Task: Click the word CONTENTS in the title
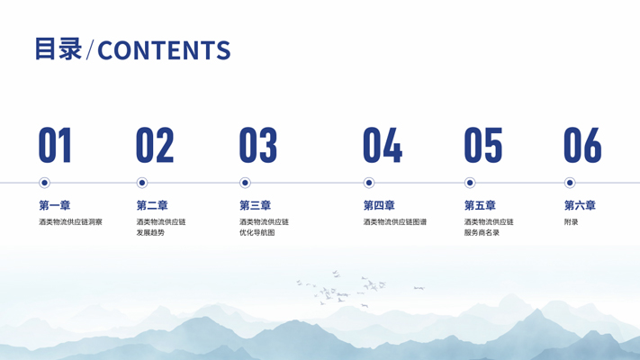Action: coord(164,50)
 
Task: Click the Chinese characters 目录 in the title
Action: coord(59,49)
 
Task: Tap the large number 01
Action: coord(55,145)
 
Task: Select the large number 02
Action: coord(155,145)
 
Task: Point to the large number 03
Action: coord(258,145)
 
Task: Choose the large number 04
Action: coord(383,145)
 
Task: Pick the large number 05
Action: coord(483,145)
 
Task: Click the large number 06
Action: coord(582,145)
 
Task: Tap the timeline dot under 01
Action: coord(44,183)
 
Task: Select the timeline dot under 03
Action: coord(245,183)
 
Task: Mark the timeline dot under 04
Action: coord(369,183)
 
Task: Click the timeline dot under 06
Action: coord(570,183)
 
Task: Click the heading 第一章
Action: coord(55,205)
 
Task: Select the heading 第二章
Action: coord(152,205)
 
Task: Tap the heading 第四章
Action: coord(379,205)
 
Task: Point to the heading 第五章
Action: coord(480,205)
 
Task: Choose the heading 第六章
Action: coord(580,205)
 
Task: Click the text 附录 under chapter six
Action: coord(572,222)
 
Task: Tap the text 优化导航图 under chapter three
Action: coord(257,233)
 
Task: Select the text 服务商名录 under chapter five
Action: coord(482,233)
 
